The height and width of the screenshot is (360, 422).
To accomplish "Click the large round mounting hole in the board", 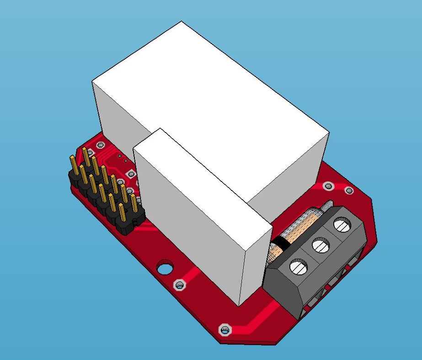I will (165, 267).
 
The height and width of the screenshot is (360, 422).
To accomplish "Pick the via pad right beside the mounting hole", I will (180, 286).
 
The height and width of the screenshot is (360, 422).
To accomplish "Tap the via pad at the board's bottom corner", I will (224, 330).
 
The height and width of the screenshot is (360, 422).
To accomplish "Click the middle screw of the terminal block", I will (321, 246).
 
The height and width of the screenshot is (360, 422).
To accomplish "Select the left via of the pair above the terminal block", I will (328, 186).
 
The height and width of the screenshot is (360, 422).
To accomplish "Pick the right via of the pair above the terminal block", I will (349, 191).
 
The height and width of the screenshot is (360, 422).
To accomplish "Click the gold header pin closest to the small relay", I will (134, 203).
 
